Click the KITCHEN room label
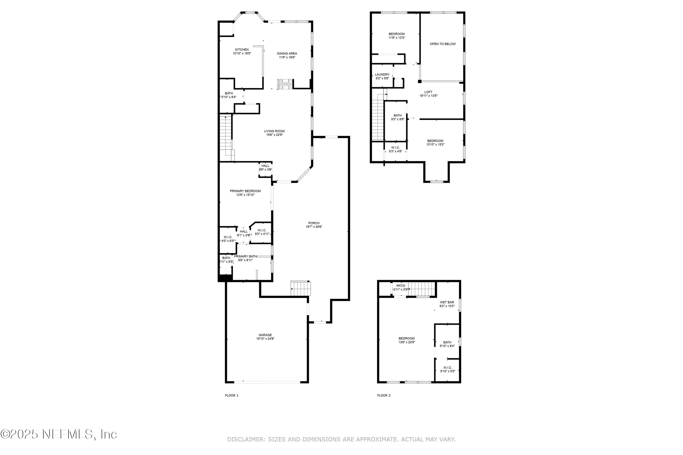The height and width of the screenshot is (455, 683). [x=242, y=50]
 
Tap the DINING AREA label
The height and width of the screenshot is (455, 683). [x=287, y=53]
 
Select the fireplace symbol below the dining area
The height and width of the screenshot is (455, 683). [x=285, y=84]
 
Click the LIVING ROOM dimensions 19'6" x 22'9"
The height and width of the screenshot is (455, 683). [x=274, y=135]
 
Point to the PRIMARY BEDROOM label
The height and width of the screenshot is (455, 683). [x=245, y=191]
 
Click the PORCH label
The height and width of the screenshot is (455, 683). [x=314, y=223]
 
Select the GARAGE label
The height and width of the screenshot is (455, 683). [x=265, y=335]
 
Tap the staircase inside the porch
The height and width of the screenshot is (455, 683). [x=301, y=288]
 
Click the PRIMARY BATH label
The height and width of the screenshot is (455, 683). [x=245, y=256]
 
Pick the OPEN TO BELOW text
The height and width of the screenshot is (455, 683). [x=443, y=44]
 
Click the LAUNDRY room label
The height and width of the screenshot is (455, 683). [x=382, y=75]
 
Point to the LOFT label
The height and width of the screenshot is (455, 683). [x=428, y=92]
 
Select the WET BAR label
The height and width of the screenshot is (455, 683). [x=447, y=302]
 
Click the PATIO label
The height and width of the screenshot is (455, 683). [x=400, y=286]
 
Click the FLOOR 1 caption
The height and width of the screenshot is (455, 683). [x=232, y=395]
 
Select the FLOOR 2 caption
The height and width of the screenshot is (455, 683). [x=384, y=395]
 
